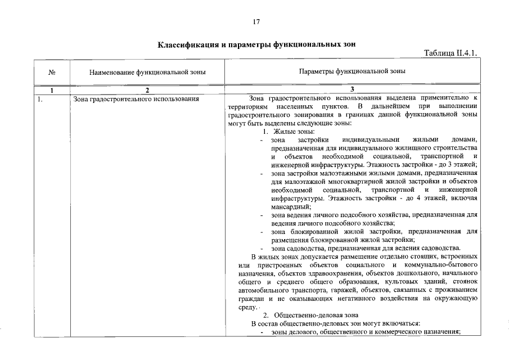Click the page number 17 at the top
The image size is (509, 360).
pyautogui.click(x=256, y=22)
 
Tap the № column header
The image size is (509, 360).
pyautogui.click(x=51, y=72)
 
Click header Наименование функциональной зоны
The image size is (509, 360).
pyautogui.click(x=147, y=72)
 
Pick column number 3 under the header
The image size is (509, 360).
pyautogui.click(x=352, y=90)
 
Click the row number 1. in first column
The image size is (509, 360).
pyautogui.click(x=40, y=100)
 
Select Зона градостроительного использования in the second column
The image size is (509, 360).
pyautogui.click(x=137, y=100)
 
